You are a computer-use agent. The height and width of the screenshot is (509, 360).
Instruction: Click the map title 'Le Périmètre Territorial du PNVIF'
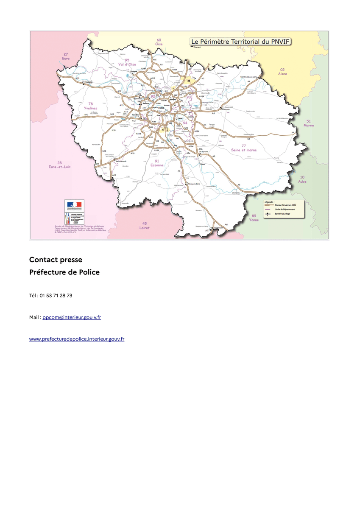point(242,42)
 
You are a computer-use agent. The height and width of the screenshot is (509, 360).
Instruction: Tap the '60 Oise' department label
point(159,42)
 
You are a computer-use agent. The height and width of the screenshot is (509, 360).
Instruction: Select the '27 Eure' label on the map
point(66,56)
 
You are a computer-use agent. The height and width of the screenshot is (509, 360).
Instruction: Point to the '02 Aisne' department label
point(282,71)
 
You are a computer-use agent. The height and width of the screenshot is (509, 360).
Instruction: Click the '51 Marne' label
point(309,123)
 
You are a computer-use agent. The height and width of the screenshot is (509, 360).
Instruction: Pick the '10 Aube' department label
point(302,179)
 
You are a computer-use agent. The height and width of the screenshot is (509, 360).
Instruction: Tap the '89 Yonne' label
point(254,218)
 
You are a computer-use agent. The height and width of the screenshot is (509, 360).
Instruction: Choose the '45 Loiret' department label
point(145,225)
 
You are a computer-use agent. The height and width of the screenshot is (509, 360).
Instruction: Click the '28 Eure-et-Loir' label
point(60,165)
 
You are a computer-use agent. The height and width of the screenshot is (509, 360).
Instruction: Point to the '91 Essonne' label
point(157,163)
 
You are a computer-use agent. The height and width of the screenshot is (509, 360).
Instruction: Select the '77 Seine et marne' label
point(244,148)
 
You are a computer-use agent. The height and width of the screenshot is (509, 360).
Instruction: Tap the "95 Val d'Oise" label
point(127,62)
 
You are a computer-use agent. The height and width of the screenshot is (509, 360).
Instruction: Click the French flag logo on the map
point(74,206)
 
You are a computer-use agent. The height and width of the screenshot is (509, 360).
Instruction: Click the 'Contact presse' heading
point(56,260)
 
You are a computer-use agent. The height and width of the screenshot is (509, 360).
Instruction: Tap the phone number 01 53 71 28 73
point(56,295)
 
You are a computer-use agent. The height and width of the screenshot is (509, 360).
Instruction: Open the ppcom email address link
point(71,317)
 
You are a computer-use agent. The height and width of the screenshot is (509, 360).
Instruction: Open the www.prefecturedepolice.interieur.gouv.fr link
point(76,339)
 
